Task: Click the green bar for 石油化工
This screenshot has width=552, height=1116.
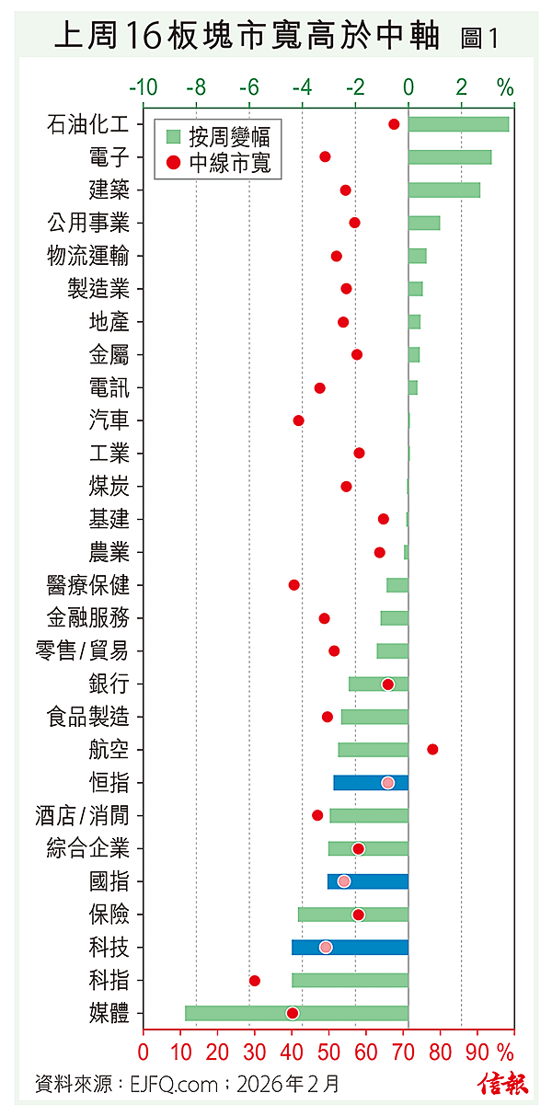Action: pyautogui.click(x=458, y=124)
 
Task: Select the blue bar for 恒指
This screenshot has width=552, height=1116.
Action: pyautogui.click(x=370, y=783)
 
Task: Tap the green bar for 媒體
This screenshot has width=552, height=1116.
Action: pyautogui.click(x=296, y=1013)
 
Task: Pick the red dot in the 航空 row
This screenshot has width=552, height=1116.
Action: pyautogui.click(x=432, y=750)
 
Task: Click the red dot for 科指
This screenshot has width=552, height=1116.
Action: pyautogui.click(x=255, y=981)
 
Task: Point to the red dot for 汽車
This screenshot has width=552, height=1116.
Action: pyautogui.click(x=298, y=420)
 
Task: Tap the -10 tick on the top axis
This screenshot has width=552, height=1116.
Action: pyautogui.click(x=144, y=88)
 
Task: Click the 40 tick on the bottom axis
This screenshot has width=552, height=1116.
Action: pyautogui.click(x=293, y=1050)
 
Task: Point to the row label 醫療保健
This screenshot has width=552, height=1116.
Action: pyautogui.click(x=88, y=585)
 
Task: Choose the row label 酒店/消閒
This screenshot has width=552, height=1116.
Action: pyautogui.click(x=88, y=816)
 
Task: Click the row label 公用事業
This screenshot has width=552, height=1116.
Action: pyautogui.click(x=88, y=223)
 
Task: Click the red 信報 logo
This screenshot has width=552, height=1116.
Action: pyautogui.click(x=503, y=1084)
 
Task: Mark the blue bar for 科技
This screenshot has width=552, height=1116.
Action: pyautogui.click(x=350, y=948)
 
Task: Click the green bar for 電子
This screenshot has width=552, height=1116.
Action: pyautogui.click(x=450, y=157)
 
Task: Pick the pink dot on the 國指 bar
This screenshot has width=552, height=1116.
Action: pyautogui.click(x=344, y=881)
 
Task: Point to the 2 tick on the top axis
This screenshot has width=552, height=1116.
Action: pyautogui.click(x=462, y=88)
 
